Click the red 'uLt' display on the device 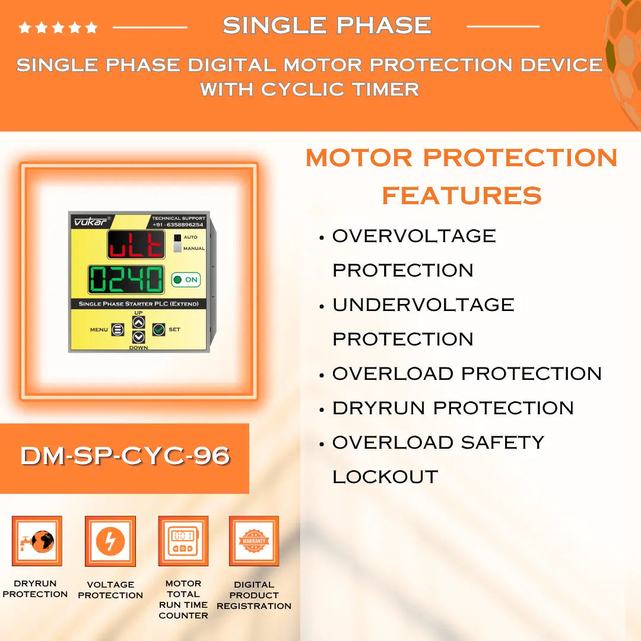pos(136,245)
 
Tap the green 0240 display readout pos(126,279)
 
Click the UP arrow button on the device pos(138,322)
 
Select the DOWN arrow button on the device pos(138,337)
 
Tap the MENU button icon pos(118,329)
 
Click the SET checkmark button pos(158,329)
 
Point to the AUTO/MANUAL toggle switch pos(177,243)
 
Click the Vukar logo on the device pos(87,221)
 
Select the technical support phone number pos(178,225)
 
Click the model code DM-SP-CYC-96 pos(125,456)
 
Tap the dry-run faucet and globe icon pos(37,541)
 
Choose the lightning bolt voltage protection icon pos(110,541)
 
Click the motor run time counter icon pos(183,541)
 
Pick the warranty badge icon pos(254,541)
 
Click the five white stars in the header pos(58,27)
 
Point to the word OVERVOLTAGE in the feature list pos(414,236)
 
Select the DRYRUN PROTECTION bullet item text pos(453,408)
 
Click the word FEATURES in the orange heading pos(462,195)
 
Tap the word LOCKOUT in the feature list pos(385,477)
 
